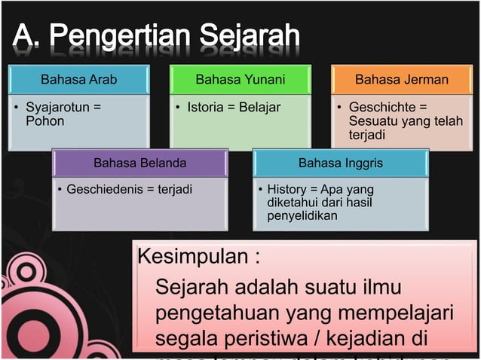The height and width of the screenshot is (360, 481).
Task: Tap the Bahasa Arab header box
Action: [x=78, y=79]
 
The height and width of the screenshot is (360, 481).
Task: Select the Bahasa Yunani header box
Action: [x=240, y=79]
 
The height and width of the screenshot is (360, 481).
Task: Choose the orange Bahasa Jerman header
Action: [x=402, y=79]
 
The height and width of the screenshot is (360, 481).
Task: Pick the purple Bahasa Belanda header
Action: [x=139, y=163]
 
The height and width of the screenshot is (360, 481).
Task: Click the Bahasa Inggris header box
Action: [x=341, y=163]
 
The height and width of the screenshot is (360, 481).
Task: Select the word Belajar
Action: [x=259, y=108]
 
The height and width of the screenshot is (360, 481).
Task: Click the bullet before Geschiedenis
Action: [x=60, y=189]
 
